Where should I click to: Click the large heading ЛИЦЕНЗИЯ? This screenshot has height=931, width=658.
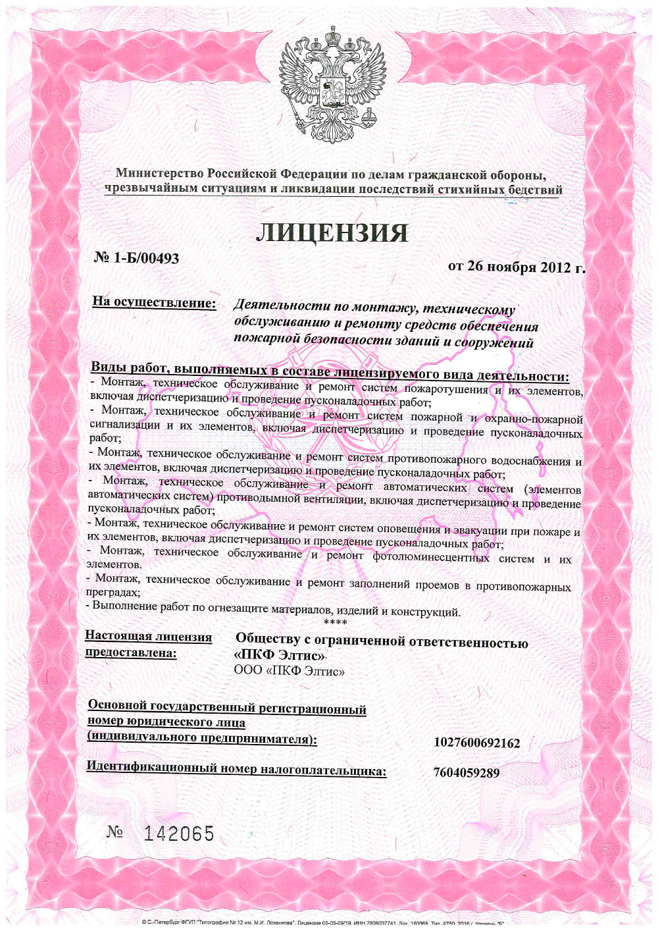pos(332,233)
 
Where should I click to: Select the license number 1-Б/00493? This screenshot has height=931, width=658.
pos(145,258)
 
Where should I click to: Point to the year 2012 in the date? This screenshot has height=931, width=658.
pos(555,267)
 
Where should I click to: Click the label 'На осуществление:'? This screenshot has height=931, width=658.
pos(154,302)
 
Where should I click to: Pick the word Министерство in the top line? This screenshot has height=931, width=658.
pos(160,174)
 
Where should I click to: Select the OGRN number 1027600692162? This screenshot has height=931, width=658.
pos(477,743)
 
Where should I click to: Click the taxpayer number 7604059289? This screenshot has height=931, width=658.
pos(467,772)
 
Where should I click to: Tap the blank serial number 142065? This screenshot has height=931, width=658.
pos(179,834)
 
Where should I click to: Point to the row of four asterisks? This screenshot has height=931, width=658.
pos(336,622)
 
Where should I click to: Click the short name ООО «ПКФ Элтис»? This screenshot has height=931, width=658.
pos(290,671)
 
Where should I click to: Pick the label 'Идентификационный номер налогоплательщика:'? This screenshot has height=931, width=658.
pos(236,768)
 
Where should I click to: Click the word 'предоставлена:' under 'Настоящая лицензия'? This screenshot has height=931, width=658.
pos(131,652)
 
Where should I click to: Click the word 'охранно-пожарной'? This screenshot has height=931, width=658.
pos(534,419)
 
